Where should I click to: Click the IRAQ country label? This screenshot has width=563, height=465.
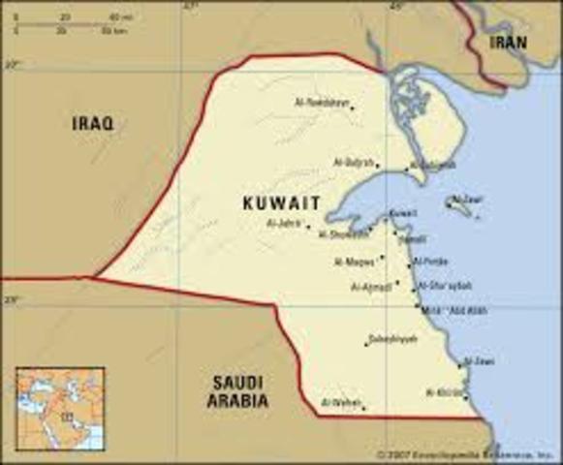[x=93, y=123]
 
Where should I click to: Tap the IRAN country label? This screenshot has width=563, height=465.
[x=508, y=43]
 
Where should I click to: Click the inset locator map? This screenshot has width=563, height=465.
[x=58, y=408]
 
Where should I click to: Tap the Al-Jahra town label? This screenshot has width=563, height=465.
[x=283, y=224]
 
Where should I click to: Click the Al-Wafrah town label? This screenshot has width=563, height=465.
[x=338, y=401]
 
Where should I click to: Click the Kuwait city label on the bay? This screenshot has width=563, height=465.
[x=403, y=213]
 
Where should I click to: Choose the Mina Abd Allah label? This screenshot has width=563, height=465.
[x=447, y=309]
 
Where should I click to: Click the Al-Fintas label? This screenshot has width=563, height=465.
[x=428, y=262]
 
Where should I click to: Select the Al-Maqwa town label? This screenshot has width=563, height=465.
[x=354, y=262]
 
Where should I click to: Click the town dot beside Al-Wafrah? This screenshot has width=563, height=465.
[x=363, y=408]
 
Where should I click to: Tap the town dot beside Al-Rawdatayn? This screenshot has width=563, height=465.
[x=352, y=107]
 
